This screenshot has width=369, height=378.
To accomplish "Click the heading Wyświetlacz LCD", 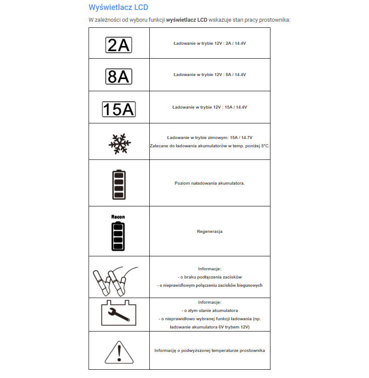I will point(118,7).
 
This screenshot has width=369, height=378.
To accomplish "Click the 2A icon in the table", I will point(119,44).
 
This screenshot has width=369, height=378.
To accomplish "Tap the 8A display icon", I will point(119,76).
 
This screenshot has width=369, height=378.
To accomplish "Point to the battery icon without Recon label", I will point(119,184).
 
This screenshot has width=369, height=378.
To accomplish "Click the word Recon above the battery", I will point(118,217).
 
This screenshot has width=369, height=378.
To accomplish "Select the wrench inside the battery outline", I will point(119,313).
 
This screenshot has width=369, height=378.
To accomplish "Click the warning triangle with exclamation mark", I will point(119,352).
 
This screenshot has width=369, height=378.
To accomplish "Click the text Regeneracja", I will point(210,232).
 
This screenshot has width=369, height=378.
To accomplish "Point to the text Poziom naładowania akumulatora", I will point(210,183).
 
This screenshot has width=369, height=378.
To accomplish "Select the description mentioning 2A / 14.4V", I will point(210,43).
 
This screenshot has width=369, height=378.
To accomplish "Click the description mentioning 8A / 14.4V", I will point(210,75).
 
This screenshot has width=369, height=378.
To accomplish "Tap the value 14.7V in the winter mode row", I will point(246,138).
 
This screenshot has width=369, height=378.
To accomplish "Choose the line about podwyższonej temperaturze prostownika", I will point(210,351).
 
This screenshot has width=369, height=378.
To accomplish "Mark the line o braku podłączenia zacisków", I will point(210,277).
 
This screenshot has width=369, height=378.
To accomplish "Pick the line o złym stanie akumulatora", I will point(210,311).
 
